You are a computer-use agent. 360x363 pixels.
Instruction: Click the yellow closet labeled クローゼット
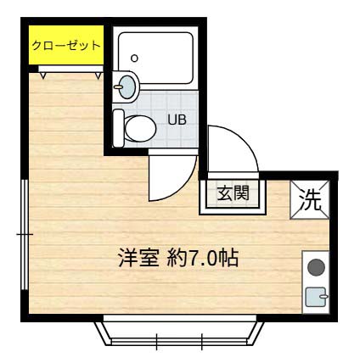point(66,46)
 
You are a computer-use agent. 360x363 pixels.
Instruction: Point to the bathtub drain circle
point(134,59)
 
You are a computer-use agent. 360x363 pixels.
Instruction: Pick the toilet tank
point(121,127)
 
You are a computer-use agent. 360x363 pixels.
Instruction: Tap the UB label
point(176,120)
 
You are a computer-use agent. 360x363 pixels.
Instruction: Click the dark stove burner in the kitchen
point(315,268)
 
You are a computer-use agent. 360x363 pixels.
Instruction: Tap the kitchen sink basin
point(315,296)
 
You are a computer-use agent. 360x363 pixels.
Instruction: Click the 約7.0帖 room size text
point(201,258)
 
